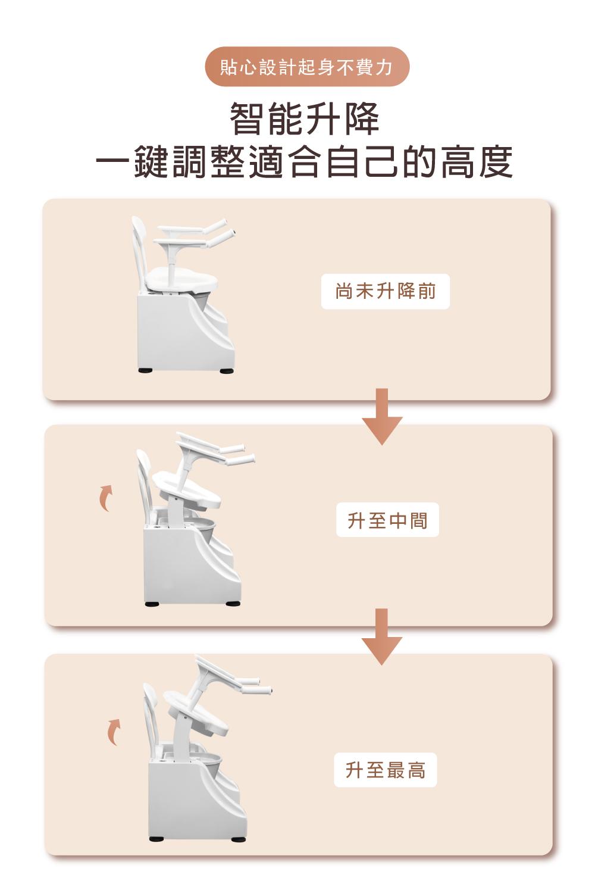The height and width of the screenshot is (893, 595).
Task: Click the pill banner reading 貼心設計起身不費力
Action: pos(307,67)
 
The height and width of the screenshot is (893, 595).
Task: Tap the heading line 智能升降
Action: pos(304,119)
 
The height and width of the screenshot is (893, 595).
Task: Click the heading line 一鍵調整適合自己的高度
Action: pos(304,162)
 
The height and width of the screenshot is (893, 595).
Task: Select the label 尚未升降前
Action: pos(386,292)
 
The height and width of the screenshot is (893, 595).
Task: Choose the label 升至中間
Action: pos(387,520)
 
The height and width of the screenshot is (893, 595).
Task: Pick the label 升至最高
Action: pos(386,770)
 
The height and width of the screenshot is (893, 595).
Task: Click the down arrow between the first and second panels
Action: pos(382,416)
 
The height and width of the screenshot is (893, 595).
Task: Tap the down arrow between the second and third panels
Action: pos(382,636)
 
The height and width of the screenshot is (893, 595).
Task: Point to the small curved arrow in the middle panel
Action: pos(106,498)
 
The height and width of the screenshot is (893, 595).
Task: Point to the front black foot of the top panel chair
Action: pos(227,371)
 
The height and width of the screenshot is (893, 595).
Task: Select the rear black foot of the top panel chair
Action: pos(145,370)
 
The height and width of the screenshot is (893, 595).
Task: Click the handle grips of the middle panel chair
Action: pos(239,455)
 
